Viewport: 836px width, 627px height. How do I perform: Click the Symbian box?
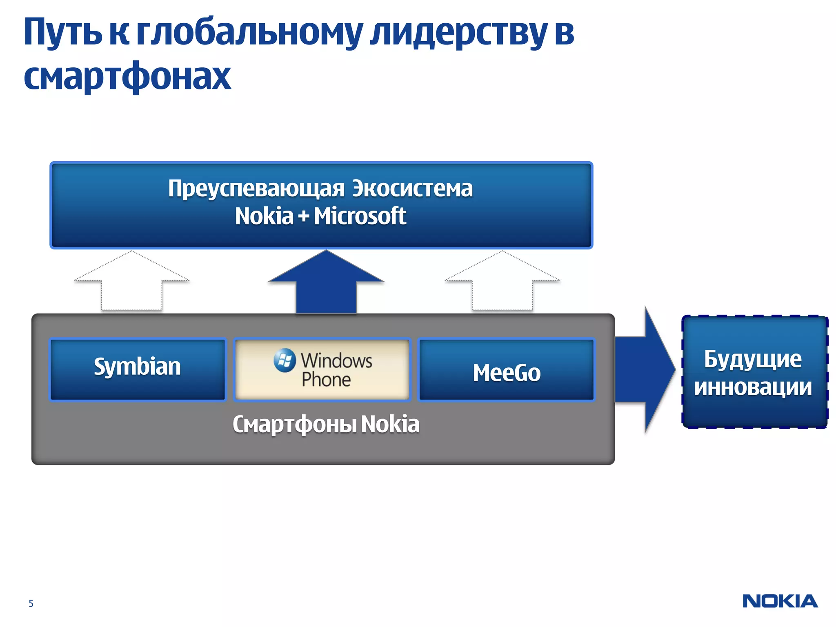pyautogui.click(x=137, y=369)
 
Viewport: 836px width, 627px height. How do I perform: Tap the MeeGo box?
pyautogui.click(x=507, y=369)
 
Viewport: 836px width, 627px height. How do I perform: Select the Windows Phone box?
pyautogui.click(x=322, y=369)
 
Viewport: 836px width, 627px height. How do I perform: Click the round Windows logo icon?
pyautogui.click(x=285, y=360)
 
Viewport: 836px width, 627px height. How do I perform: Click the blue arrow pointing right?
pyautogui.click(x=645, y=369)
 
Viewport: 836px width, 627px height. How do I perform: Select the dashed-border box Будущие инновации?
pyautogui.click(x=754, y=372)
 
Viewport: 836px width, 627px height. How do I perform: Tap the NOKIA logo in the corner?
pyautogui.click(x=780, y=601)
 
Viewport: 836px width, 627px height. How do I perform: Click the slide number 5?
pyautogui.click(x=31, y=603)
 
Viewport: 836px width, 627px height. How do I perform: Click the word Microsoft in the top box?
pyautogui.click(x=360, y=216)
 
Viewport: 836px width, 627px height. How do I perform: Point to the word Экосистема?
pyautogui.click(x=412, y=189)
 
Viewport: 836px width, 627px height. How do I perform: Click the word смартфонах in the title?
pyautogui.click(x=127, y=76)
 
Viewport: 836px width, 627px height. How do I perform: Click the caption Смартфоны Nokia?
pyautogui.click(x=326, y=424)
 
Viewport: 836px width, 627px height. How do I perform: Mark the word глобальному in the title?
pyautogui.click(x=249, y=33)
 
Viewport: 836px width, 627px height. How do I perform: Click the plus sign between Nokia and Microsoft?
pyautogui.click(x=303, y=216)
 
